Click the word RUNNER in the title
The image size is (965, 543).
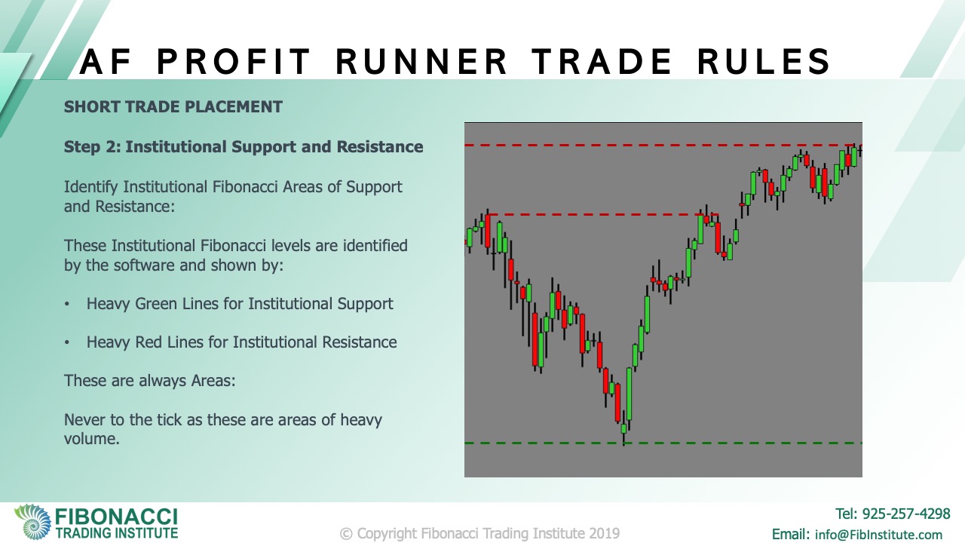421,61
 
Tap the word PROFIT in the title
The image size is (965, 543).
234,61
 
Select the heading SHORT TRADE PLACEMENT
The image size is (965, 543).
173,107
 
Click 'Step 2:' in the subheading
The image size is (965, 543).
92,147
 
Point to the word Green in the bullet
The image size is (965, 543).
155,304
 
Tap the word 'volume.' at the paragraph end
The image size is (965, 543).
92,439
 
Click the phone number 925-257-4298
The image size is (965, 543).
906,514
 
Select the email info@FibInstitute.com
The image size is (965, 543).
878,535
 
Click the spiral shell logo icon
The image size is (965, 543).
32,522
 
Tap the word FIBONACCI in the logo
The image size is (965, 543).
116,517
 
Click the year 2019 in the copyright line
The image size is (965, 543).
605,533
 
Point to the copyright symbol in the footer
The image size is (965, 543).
346,534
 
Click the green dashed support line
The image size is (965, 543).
663,443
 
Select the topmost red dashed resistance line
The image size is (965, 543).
663,146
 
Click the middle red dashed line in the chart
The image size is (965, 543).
602,214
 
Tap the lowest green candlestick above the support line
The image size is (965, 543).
623,429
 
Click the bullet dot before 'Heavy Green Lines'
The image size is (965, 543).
67,304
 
